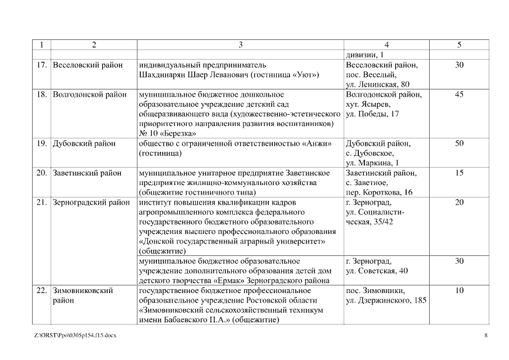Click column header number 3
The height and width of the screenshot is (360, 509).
pyautogui.click(x=240, y=44)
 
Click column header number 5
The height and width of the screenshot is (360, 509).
pyautogui.click(x=459, y=44)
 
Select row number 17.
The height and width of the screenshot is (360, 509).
pyautogui.click(x=41, y=65)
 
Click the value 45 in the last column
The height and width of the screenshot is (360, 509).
pyautogui.click(x=459, y=94)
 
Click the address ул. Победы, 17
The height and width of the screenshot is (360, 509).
pyautogui.click(x=372, y=114)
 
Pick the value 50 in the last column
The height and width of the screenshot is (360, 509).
pyautogui.click(x=459, y=143)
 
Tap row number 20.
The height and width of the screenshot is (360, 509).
pyautogui.click(x=41, y=173)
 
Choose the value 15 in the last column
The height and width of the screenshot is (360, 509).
pyautogui.click(x=459, y=173)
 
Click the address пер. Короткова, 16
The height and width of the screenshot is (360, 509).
pyautogui.click(x=379, y=192)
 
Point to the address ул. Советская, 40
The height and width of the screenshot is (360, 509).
pyautogui.click(x=377, y=271)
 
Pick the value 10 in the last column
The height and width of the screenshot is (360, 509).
pyautogui.click(x=459, y=290)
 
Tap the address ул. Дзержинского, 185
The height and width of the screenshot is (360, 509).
pyautogui.click(x=386, y=300)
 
